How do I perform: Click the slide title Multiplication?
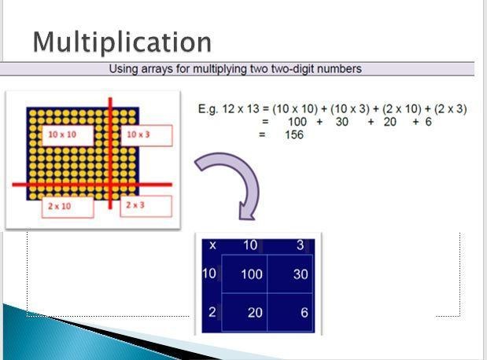coord(122,42)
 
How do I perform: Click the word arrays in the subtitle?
coord(157,69)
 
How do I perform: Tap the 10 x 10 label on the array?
coord(68,135)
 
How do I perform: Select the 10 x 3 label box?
coord(146,135)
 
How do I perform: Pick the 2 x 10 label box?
coord(68,207)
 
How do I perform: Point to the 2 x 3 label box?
coord(146,206)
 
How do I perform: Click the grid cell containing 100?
coord(245,274)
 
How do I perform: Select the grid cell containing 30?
coord(290,274)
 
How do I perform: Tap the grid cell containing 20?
coord(245,312)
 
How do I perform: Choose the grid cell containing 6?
coord(290,312)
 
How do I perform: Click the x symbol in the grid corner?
coord(212,245)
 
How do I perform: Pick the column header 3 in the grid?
coord(300,245)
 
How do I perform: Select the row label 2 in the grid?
coord(212,312)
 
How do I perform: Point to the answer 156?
coord(294,134)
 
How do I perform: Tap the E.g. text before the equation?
coord(208,109)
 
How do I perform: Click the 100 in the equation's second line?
coord(297,122)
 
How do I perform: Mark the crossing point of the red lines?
coord(110,185)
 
